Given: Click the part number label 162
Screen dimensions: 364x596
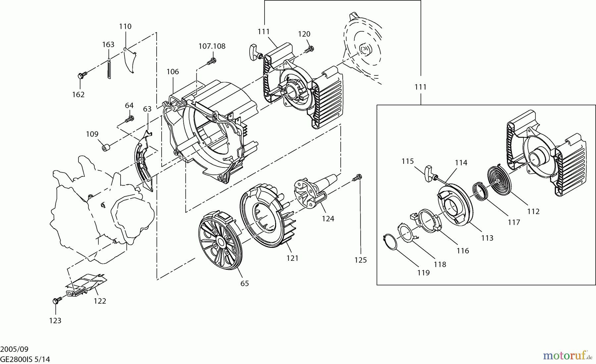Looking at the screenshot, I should pyautogui.click(x=78, y=95).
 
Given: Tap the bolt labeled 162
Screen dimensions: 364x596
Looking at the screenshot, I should pyautogui.click(x=82, y=75).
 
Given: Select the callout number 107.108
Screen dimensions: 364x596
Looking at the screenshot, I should pyautogui.click(x=212, y=46).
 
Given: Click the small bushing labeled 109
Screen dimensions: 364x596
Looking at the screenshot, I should pyautogui.click(x=106, y=147).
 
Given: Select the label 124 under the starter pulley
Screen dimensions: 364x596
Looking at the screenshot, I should pyautogui.click(x=328, y=219).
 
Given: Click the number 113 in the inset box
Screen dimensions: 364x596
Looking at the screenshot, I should pyautogui.click(x=487, y=238).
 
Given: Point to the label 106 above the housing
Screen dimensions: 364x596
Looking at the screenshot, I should pyautogui.click(x=173, y=72).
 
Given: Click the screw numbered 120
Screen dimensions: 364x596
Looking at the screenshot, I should pyautogui.click(x=309, y=49).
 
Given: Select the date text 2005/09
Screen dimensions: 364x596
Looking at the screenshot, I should pyautogui.click(x=14, y=349).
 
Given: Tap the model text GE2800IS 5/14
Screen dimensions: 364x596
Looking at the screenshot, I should pyautogui.click(x=25, y=359).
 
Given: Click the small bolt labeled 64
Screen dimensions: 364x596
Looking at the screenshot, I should pyautogui.click(x=129, y=118).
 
